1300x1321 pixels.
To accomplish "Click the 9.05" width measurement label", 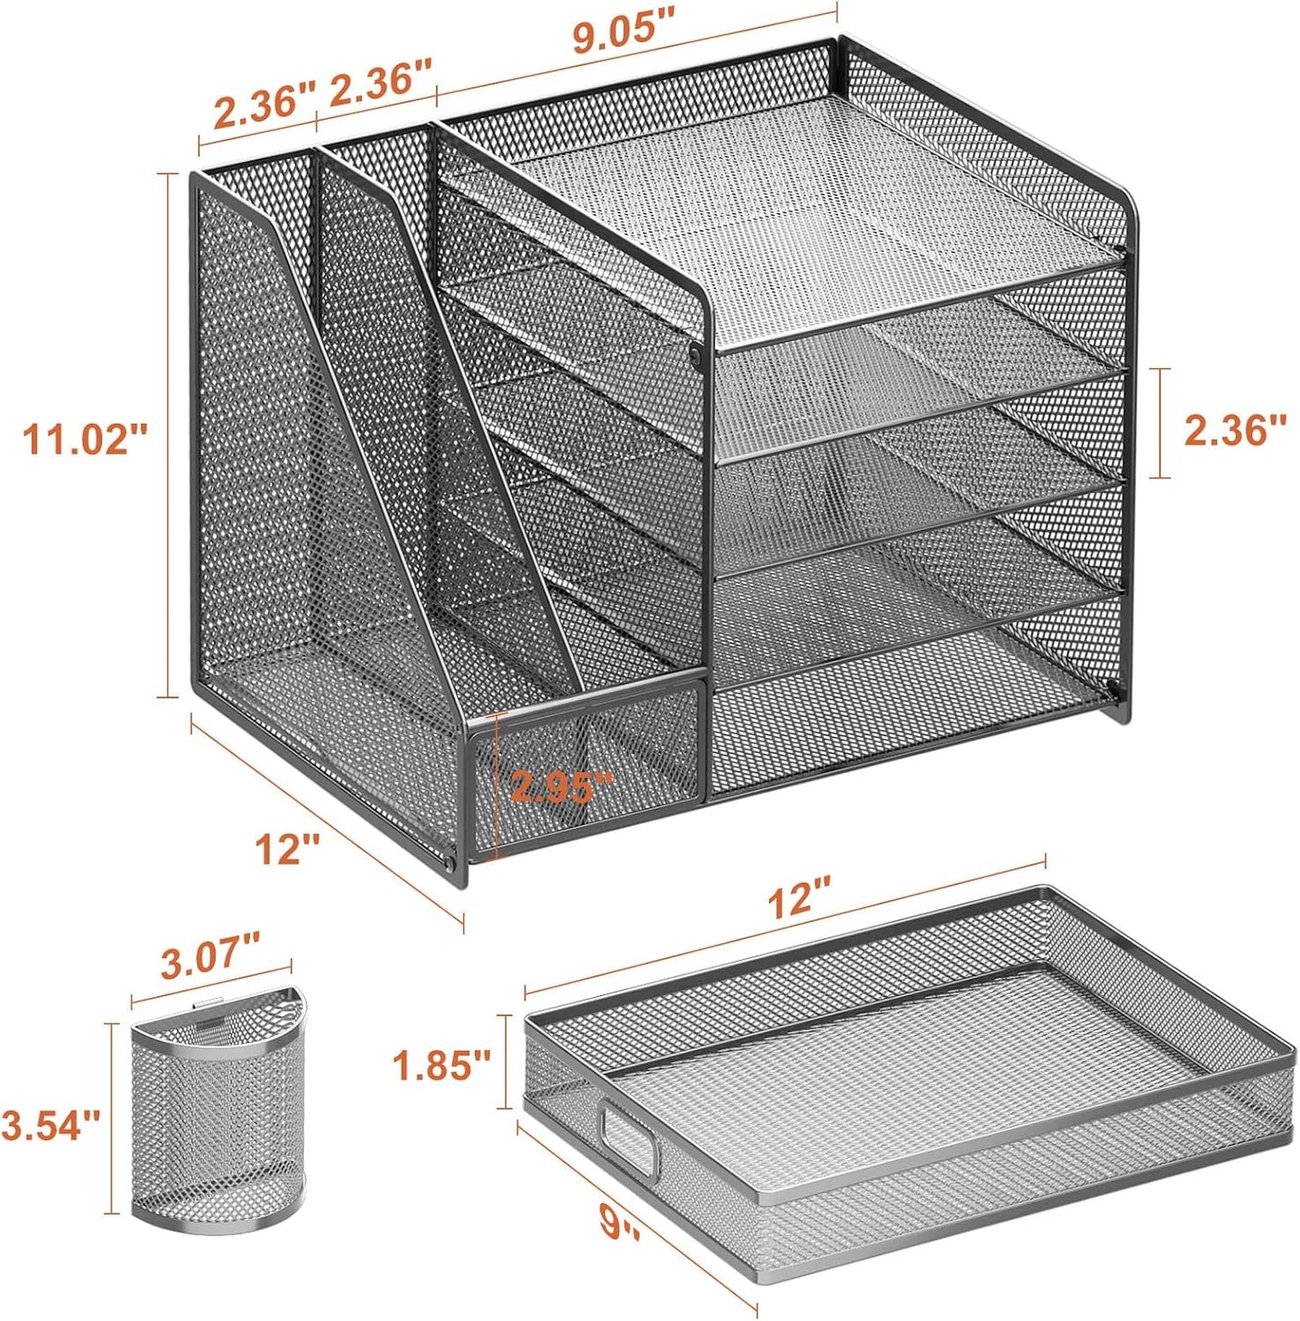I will click(x=623, y=35).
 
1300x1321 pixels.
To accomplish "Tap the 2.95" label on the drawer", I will click(x=561, y=787).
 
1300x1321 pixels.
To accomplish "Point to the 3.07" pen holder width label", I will click(x=210, y=957).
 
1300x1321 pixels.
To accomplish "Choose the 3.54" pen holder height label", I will click(x=50, y=1125).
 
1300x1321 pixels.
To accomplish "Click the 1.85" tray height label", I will click(x=442, y=1065).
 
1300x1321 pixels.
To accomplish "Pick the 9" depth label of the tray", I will click(x=620, y=1223).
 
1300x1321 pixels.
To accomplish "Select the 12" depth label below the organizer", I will click(x=287, y=849).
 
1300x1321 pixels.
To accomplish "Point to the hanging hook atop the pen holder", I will click(x=208, y=1000).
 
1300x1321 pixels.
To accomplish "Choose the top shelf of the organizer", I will click(x=810, y=216).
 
